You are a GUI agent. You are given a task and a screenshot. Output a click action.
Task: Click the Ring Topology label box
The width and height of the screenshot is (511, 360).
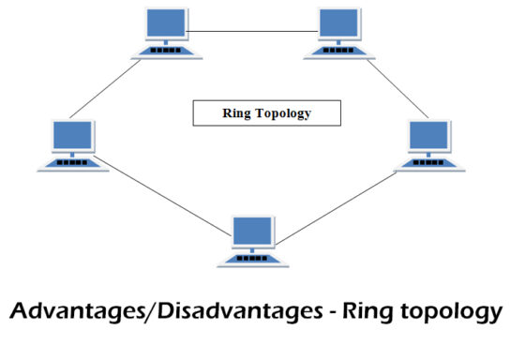265,113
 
